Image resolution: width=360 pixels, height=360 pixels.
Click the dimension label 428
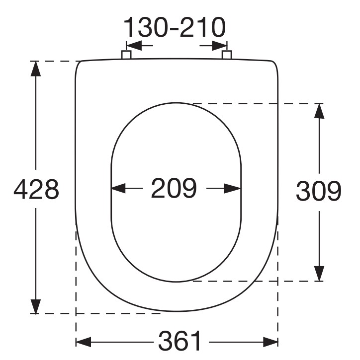[x=36, y=189]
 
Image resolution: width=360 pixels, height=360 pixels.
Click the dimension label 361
[x=180, y=341]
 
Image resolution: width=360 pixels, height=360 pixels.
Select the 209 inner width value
[x=174, y=188]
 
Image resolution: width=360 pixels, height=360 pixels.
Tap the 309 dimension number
[x=318, y=191]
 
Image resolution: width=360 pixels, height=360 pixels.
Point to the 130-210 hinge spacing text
[x=175, y=27]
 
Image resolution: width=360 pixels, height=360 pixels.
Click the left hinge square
[x=126, y=55]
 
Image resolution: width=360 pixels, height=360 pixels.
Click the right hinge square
[x=227, y=55]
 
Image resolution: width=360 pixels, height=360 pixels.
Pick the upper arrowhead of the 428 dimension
[x=36, y=69]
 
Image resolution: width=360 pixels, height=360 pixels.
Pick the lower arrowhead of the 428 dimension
[x=36, y=306]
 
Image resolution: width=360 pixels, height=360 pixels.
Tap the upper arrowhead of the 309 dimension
[x=319, y=111]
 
